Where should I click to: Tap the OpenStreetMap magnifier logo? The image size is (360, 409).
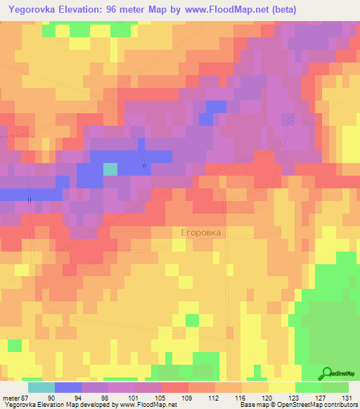[x=328, y=374]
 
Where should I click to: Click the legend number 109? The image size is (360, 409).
[x=188, y=398]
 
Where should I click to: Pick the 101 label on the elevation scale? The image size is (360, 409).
[x=134, y=398]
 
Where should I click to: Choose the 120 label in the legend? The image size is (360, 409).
[x=268, y=398]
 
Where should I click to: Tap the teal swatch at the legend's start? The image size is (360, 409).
[x=41, y=387]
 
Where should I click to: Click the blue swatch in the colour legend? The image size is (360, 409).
[x=67, y=387]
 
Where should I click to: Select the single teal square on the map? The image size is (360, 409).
[x=110, y=169]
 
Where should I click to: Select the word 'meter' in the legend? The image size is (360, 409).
[x=10, y=398]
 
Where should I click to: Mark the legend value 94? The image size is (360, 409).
[x=81, y=398]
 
